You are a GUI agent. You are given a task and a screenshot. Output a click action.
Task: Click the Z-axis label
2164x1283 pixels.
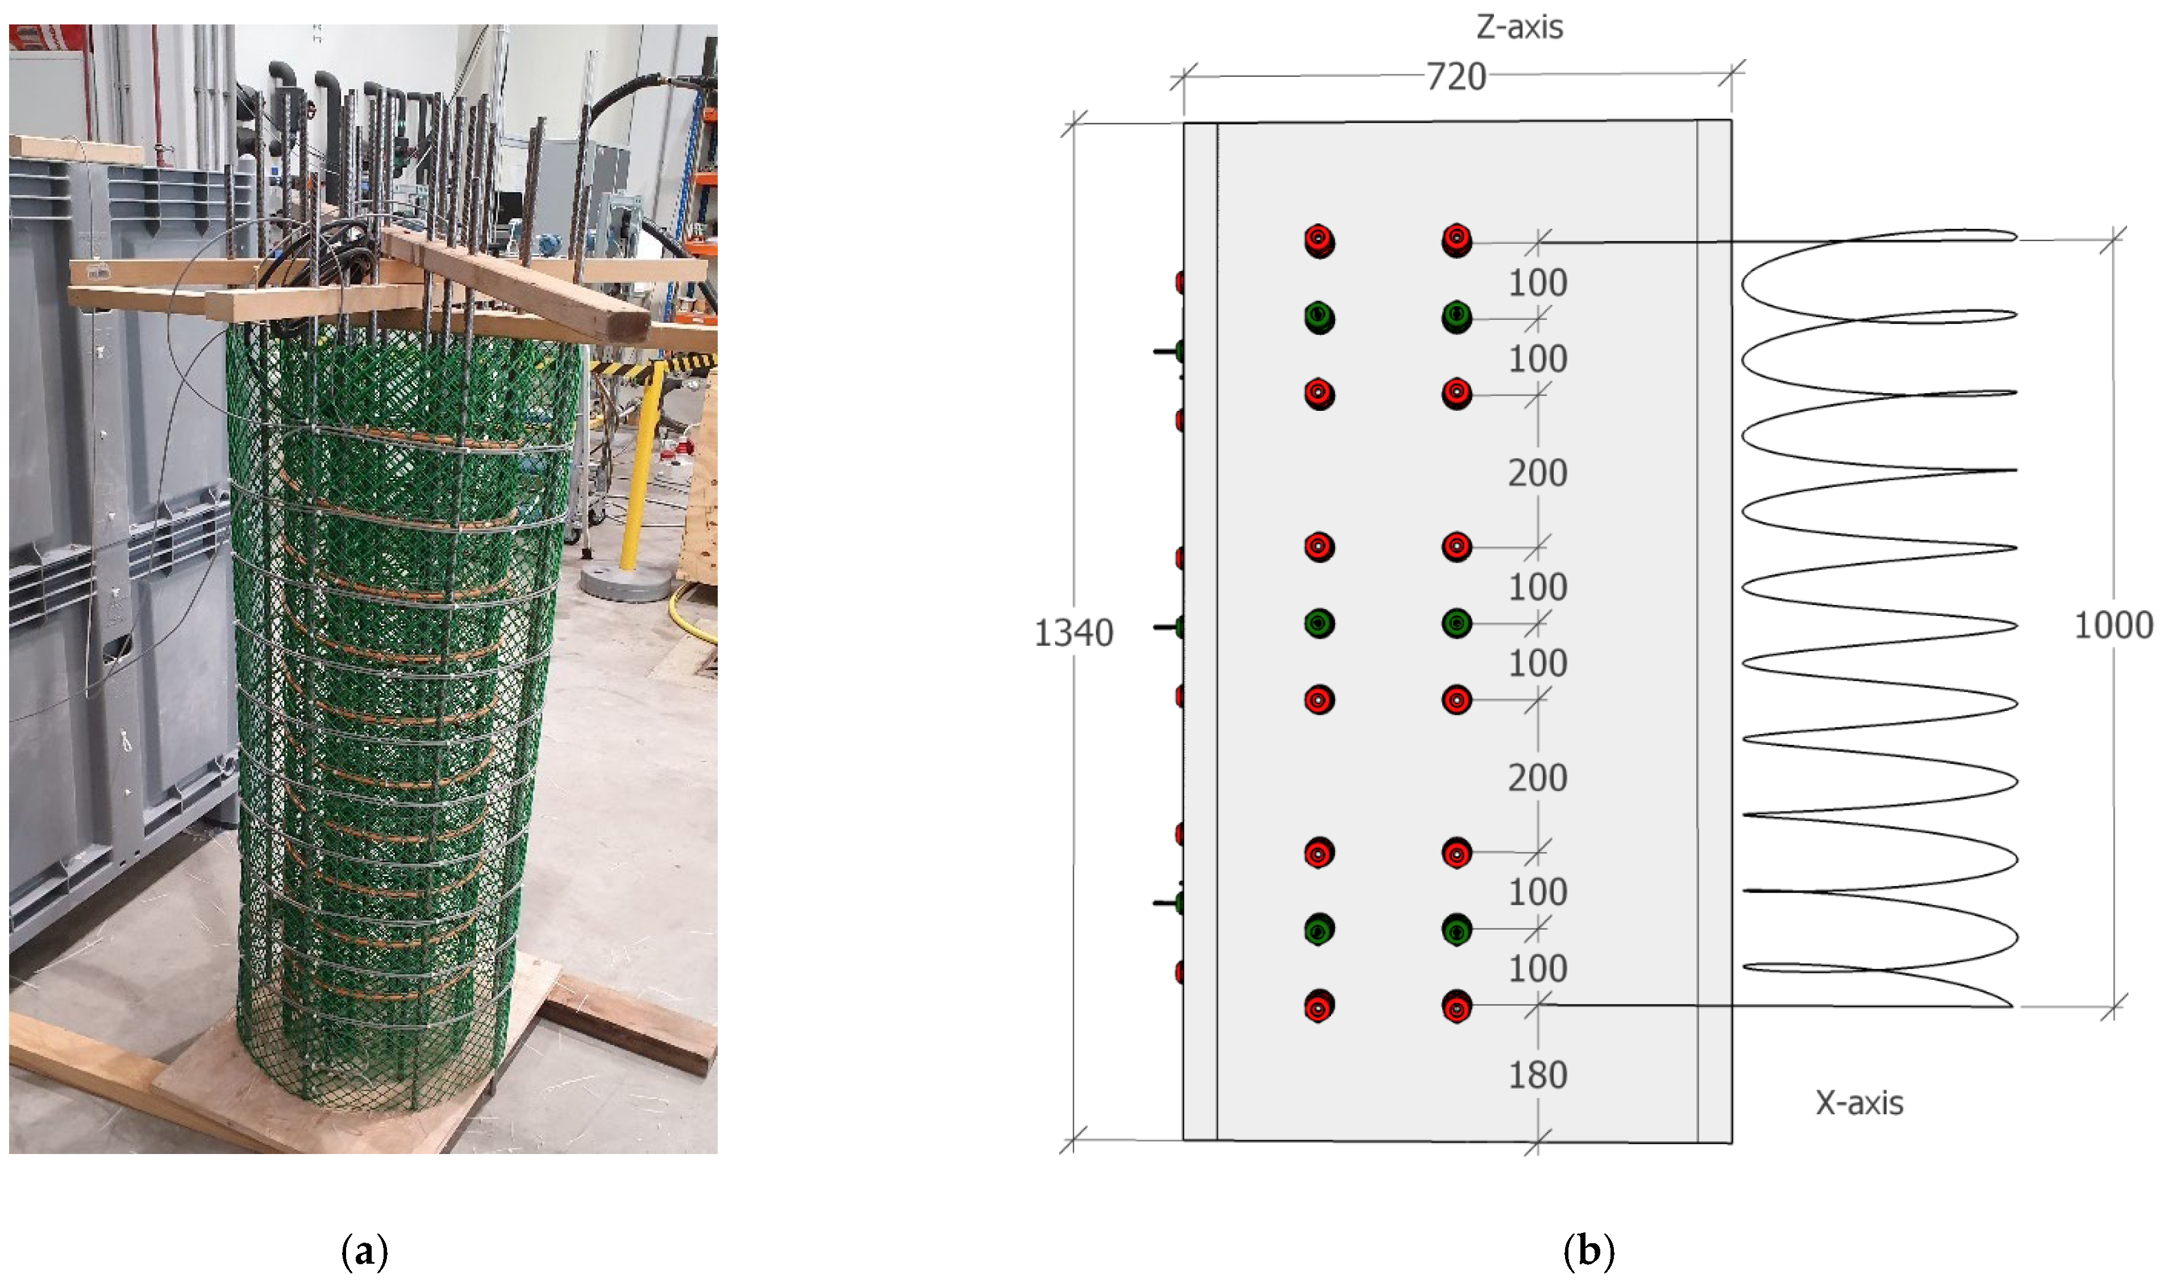click(1519, 28)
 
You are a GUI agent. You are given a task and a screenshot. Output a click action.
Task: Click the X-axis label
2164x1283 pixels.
click(1859, 1103)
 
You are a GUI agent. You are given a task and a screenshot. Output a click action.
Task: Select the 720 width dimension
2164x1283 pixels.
click(1456, 77)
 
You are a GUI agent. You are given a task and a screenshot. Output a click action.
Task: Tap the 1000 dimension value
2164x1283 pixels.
click(2113, 625)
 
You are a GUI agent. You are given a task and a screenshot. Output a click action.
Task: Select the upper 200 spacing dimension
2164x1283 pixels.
click(1537, 473)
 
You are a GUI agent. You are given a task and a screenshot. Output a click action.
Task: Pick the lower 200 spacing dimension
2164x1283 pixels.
click(1537, 778)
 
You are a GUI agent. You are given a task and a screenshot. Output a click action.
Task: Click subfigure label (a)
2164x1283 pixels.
click(364, 1251)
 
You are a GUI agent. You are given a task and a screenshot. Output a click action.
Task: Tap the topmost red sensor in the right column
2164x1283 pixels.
click(1457, 239)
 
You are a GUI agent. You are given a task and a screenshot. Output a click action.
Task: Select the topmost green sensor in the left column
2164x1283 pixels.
click(1320, 316)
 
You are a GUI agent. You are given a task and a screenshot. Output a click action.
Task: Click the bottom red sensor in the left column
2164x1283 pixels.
click(1320, 1006)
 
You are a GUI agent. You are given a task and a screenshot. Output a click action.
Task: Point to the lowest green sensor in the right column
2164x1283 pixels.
click(1457, 930)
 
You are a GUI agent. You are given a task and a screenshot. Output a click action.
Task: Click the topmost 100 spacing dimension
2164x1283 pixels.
click(1537, 283)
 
